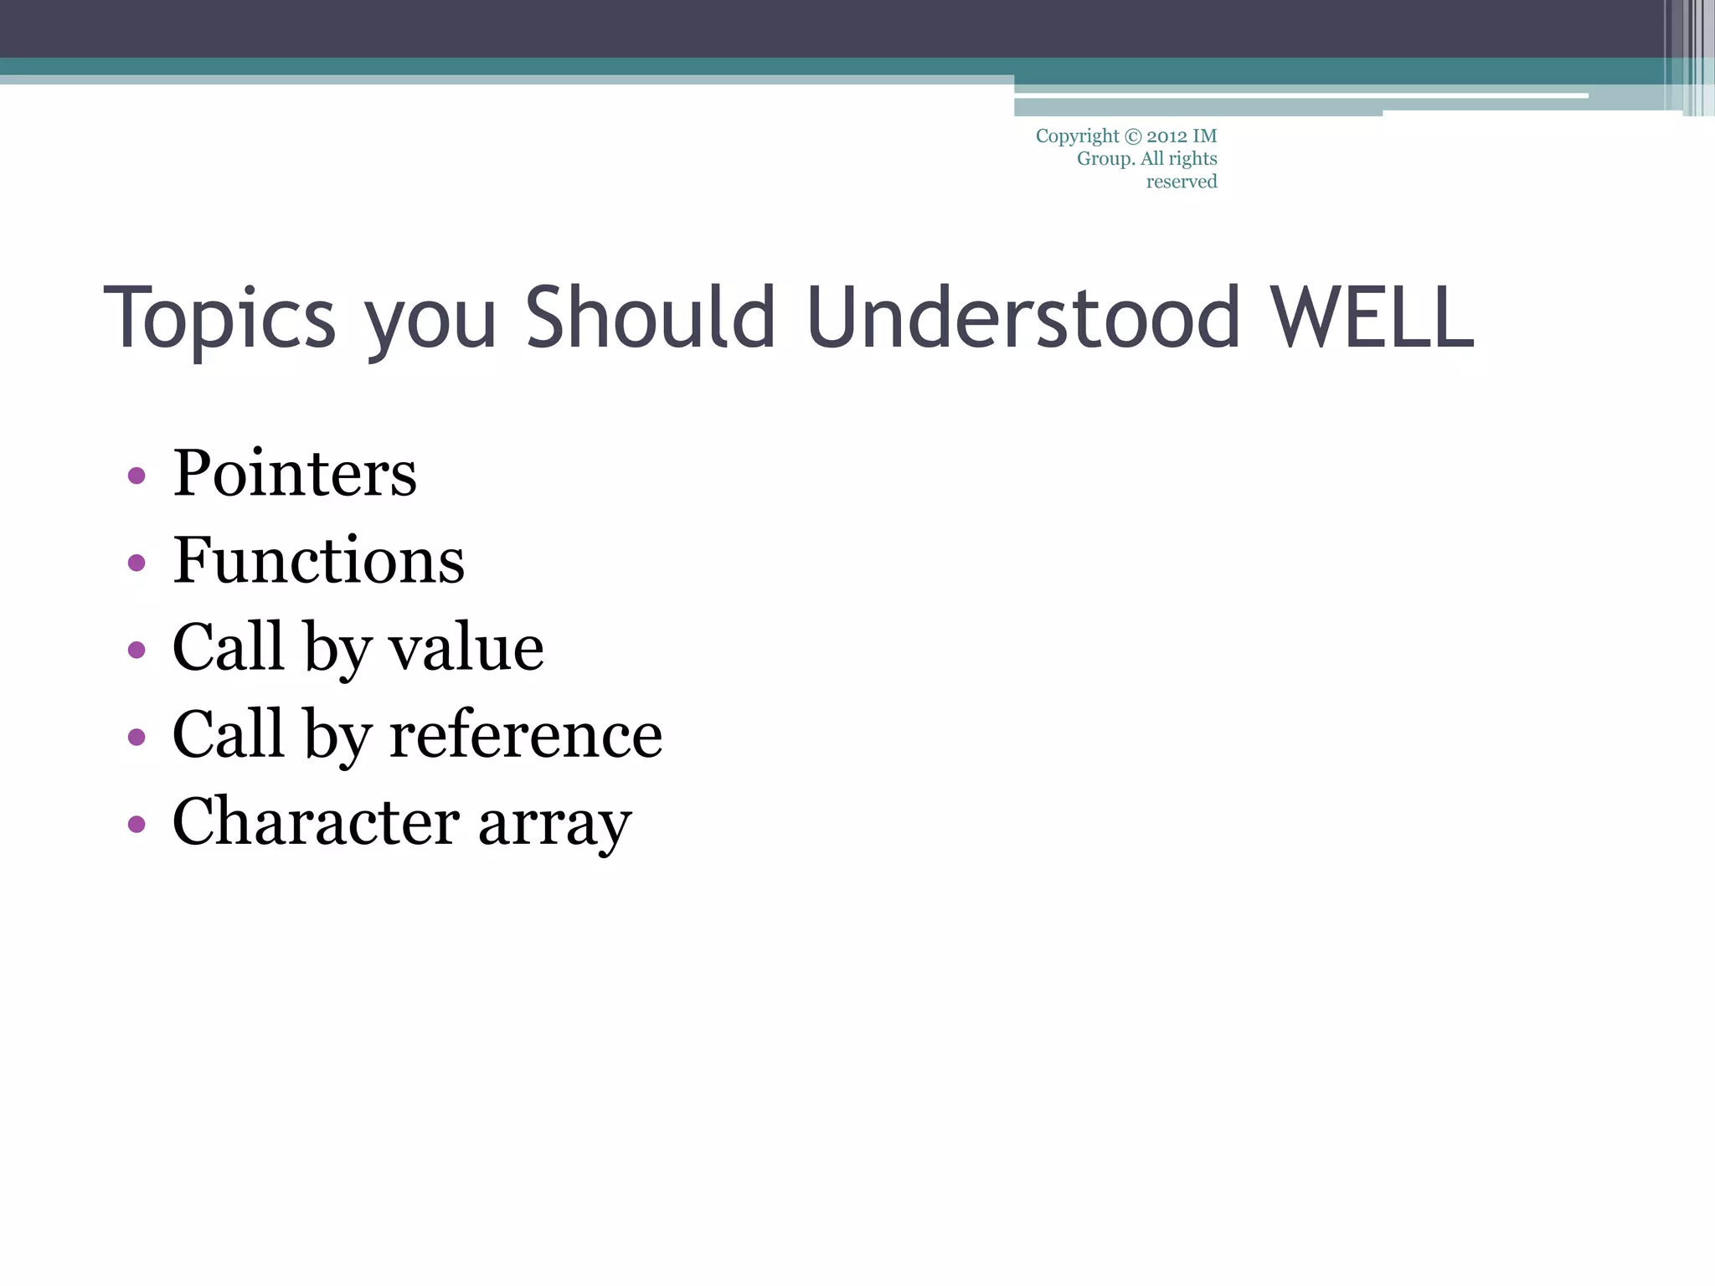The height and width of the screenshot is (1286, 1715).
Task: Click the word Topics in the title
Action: [219, 318]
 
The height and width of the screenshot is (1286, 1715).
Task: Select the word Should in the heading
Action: [650, 318]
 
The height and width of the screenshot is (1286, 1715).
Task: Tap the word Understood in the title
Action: [1022, 318]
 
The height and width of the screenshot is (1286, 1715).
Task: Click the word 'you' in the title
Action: [431, 322]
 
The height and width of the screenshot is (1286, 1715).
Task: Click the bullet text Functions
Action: [318, 560]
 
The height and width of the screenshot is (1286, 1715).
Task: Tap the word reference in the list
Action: [526, 734]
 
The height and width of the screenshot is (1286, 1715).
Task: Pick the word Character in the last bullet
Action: [316, 821]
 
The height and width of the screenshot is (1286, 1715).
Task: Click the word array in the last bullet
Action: [554, 825]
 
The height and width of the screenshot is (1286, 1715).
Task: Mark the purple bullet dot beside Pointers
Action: [136, 476]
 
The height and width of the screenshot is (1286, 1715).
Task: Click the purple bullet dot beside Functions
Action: [136, 563]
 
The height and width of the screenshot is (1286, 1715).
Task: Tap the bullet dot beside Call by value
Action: [136, 650]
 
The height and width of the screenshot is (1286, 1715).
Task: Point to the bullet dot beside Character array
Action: [136, 824]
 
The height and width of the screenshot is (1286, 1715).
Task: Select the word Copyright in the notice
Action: [1077, 136]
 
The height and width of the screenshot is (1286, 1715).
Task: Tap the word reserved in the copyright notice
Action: [1181, 182]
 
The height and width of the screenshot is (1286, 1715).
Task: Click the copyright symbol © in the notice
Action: [1132, 136]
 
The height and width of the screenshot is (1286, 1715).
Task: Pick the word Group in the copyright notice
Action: [1105, 159]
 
